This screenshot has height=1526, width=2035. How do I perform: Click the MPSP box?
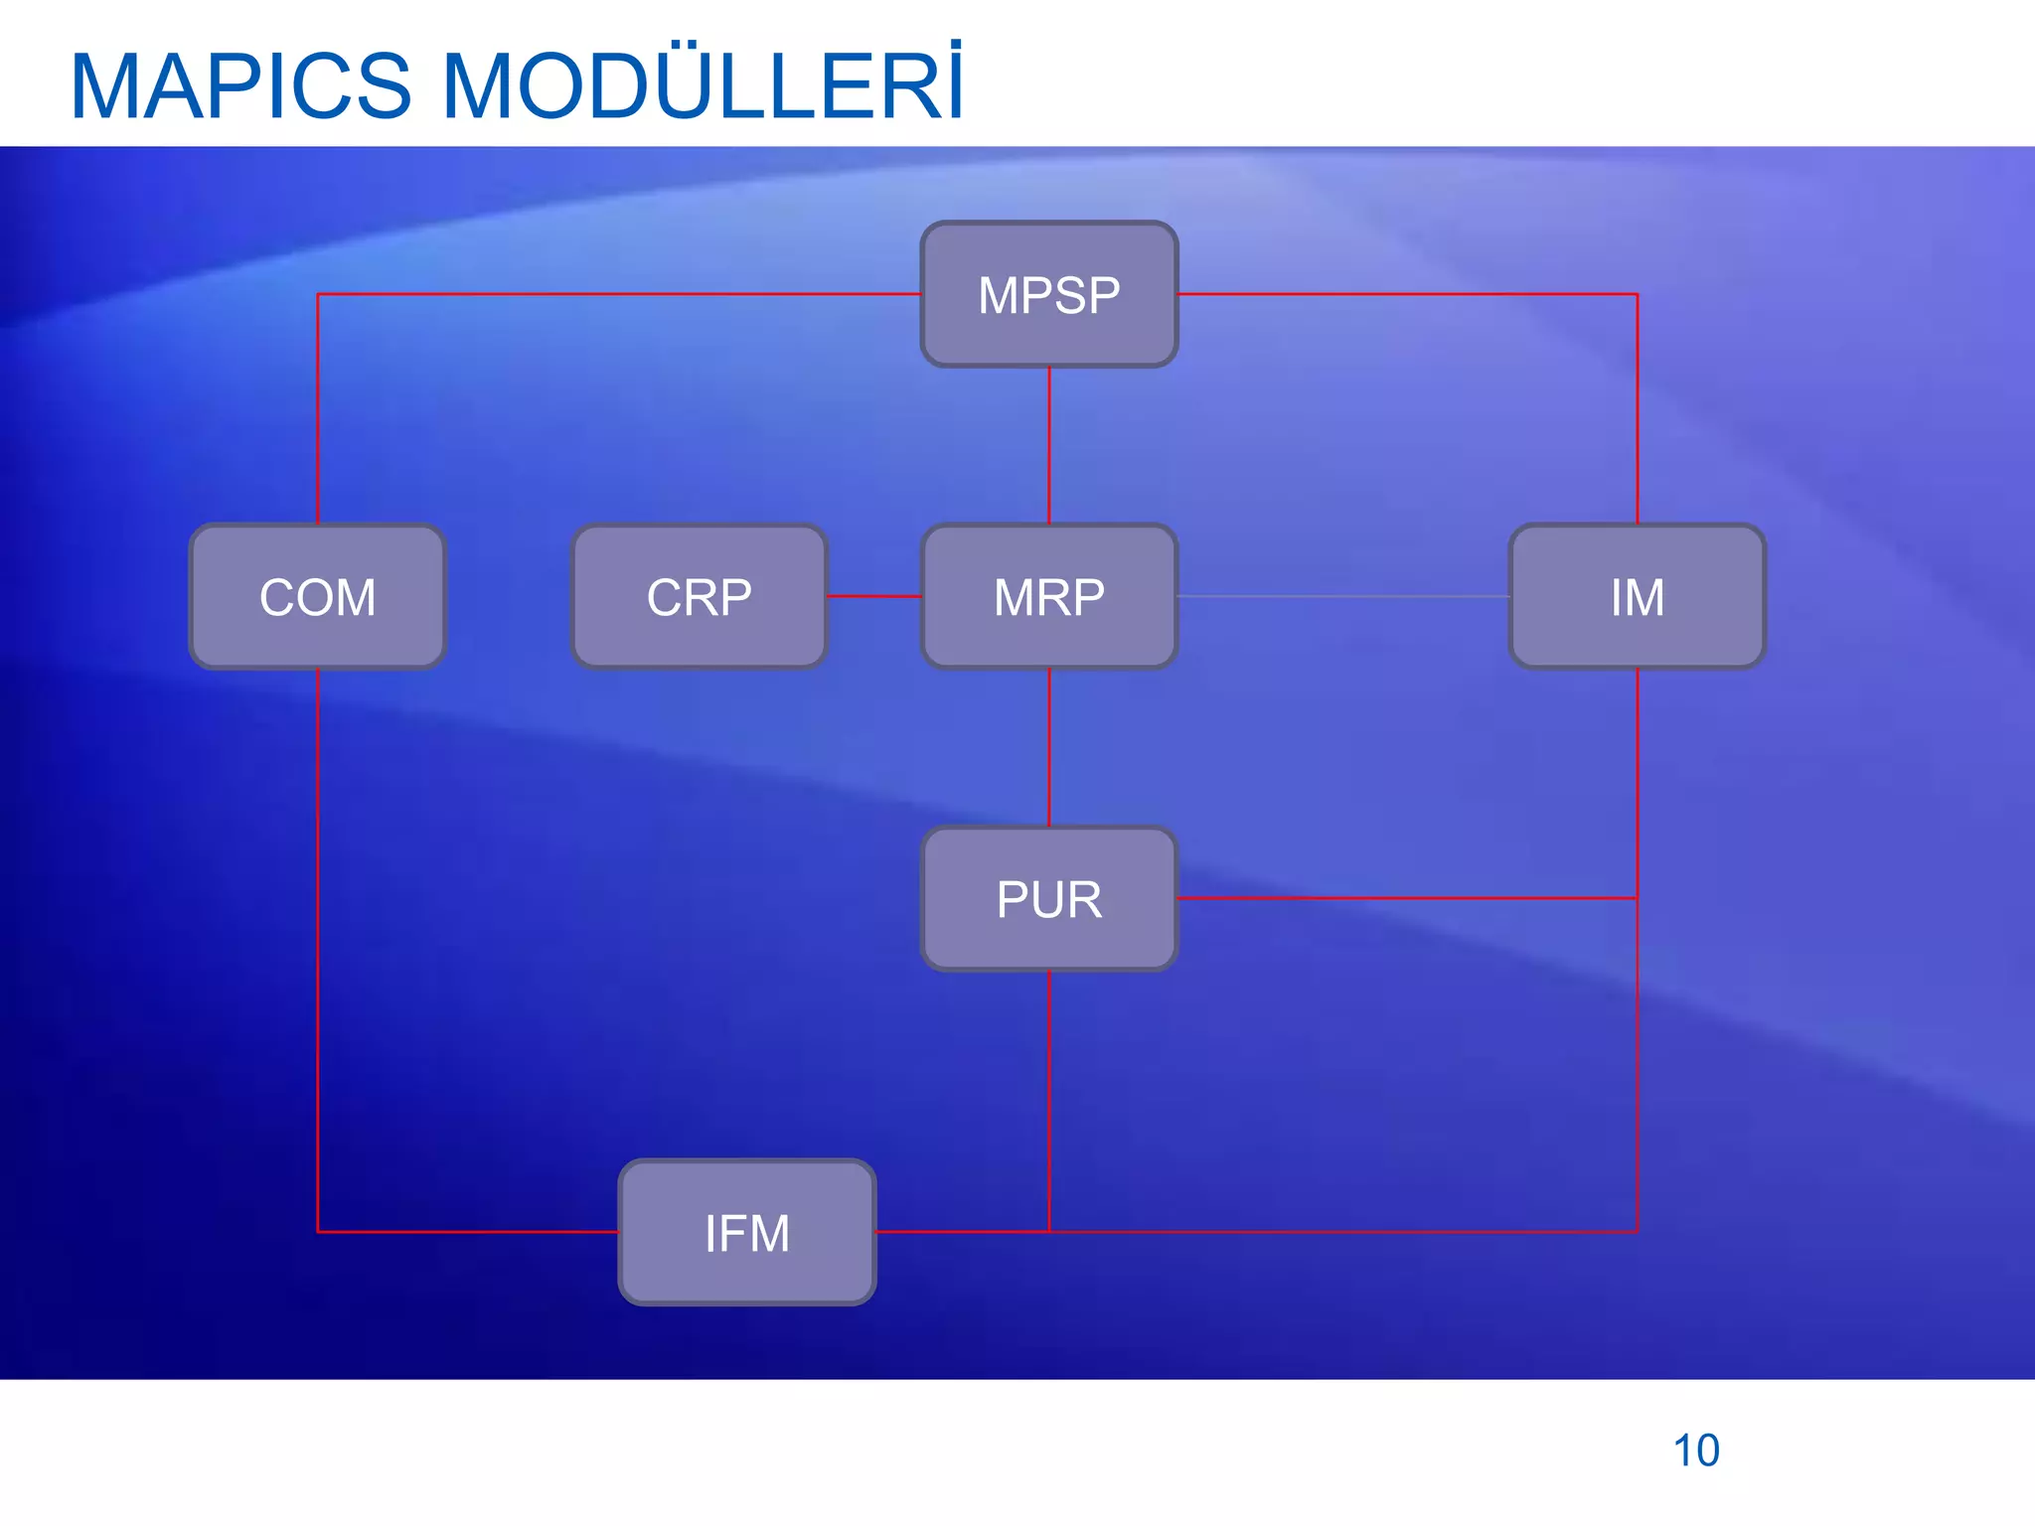[1049, 295]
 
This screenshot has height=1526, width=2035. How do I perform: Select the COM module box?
[317, 597]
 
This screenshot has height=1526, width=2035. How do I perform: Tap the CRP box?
[700, 597]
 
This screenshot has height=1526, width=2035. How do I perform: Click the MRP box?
[1049, 597]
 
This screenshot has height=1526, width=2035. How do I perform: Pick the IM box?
[1637, 597]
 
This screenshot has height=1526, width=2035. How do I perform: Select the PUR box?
[1049, 899]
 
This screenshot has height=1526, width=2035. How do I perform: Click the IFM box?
[747, 1233]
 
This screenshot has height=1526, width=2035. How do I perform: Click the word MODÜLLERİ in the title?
[702, 87]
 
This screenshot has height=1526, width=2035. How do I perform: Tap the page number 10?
[1696, 1450]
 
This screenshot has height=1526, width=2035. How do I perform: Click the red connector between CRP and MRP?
[874, 596]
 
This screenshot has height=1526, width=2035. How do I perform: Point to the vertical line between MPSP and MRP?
[1049, 445]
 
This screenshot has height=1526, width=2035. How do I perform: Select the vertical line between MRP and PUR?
[1049, 747]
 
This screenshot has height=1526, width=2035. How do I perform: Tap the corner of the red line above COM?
[318, 294]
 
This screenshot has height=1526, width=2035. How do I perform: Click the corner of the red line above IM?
[1637, 294]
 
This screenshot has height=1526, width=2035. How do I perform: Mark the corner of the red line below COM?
[318, 1232]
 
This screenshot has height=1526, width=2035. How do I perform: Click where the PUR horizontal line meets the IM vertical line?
[1637, 898]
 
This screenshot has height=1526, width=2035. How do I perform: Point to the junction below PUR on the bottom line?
[1049, 1232]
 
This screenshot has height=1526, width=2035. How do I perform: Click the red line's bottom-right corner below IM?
[1637, 1232]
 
